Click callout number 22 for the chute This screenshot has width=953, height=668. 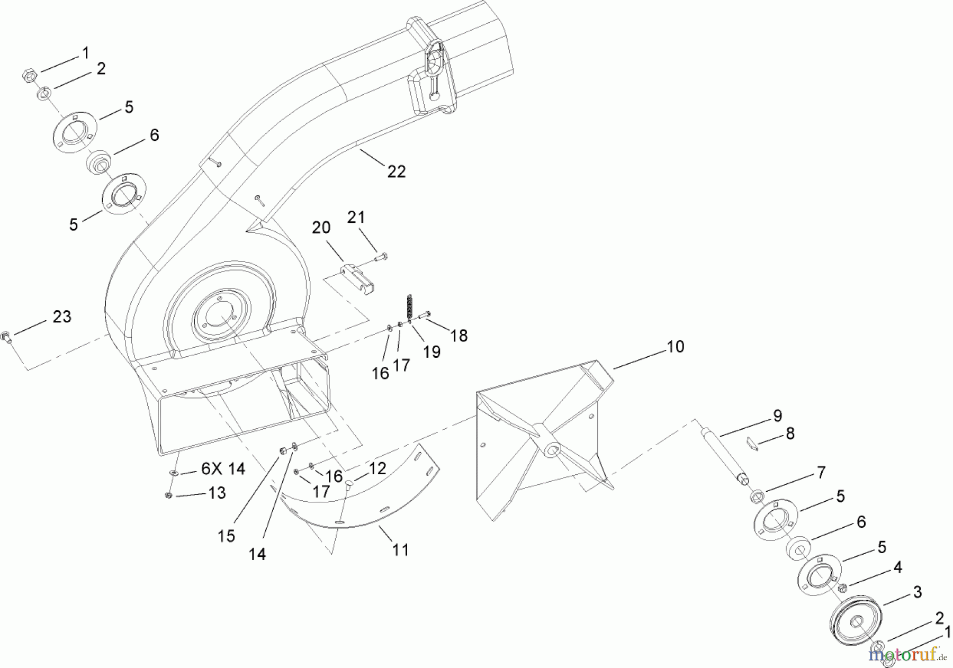tap(396, 171)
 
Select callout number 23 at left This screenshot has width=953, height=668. tap(62, 317)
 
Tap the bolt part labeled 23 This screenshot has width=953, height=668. tap(7, 336)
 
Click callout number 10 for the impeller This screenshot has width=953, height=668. tap(675, 347)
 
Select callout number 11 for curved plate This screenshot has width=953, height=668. tap(401, 550)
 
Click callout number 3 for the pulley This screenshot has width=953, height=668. tap(917, 592)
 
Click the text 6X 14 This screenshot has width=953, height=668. tap(222, 469)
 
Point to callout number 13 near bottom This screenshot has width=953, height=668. tap(217, 493)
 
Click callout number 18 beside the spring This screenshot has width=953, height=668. tap(459, 336)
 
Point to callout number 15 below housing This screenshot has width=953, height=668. tap(226, 536)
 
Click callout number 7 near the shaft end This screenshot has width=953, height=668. tap(821, 472)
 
